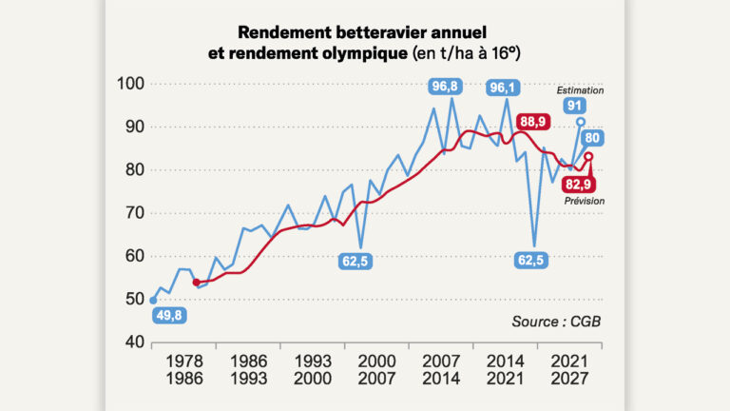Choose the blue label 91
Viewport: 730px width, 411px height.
tap(572, 105)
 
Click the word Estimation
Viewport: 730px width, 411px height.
tap(582, 90)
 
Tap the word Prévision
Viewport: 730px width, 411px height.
tap(582, 200)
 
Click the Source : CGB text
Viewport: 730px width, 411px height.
tap(556, 322)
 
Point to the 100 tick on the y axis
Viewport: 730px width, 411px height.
tap(131, 84)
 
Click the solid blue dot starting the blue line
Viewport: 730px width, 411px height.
tap(153, 300)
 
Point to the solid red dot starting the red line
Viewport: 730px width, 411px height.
tap(196, 282)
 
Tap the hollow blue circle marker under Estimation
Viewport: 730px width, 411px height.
tap(581, 122)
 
